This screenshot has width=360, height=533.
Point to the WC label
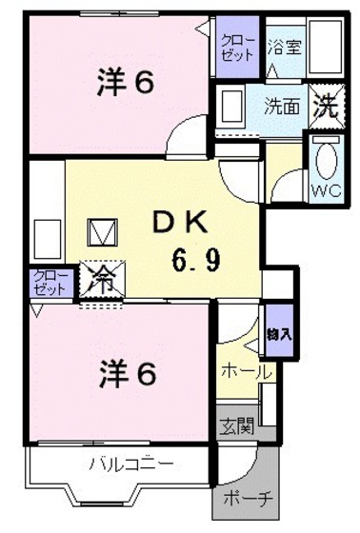click(324, 188)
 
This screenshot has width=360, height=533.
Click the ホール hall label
click(246, 371)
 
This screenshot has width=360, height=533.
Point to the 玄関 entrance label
click(238, 425)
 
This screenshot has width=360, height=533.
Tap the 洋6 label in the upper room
click(125, 84)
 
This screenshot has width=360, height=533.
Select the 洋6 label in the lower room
click(125, 374)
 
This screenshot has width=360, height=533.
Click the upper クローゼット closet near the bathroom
click(236, 47)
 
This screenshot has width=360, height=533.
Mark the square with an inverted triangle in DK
click(101, 231)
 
